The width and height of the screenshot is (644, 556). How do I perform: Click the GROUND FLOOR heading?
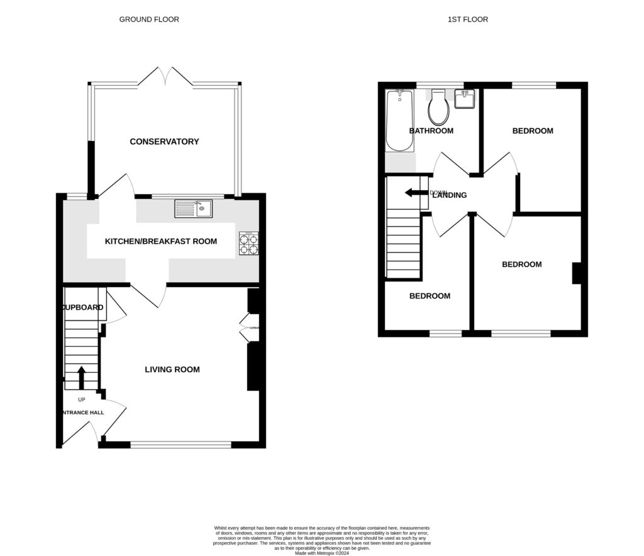(149, 20)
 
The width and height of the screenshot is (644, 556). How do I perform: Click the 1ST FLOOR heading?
(467, 20)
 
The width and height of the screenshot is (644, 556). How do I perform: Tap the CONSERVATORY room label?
(164, 142)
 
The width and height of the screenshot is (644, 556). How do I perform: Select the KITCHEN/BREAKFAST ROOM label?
(160, 241)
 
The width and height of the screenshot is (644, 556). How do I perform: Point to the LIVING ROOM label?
(172, 370)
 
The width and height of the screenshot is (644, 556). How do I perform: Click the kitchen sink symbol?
(194, 208)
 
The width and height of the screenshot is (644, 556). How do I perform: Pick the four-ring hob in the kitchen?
(248, 244)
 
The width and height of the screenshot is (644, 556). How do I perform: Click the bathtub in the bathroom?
(399, 120)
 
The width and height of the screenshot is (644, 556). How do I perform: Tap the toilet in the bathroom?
(438, 108)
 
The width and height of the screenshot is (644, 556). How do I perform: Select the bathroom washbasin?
(465, 99)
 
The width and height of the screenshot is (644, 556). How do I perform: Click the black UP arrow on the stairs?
(81, 378)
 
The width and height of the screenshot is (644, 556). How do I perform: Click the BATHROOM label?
(431, 131)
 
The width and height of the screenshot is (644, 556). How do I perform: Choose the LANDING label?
(450, 195)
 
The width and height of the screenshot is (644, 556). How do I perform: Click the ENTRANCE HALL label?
(82, 413)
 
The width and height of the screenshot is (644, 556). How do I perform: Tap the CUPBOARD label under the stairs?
(82, 307)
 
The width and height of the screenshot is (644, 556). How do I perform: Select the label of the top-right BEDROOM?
(533, 131)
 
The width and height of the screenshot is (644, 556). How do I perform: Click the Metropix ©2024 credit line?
(322, 552)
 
